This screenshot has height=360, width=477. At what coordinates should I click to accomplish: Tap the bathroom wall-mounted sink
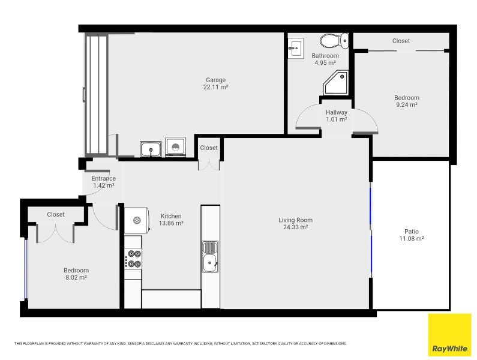click(296, 47)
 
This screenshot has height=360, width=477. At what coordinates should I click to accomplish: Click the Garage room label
click(215, 80)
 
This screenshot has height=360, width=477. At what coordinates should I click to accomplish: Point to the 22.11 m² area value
click(215, 88)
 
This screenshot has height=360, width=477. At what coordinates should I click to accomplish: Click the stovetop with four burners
click(133, 259)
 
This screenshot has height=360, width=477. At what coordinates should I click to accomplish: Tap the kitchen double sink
click(210, 256)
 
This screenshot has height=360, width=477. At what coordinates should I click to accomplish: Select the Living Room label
click(295, 220)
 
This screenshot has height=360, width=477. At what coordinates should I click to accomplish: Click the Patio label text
click(411, 232)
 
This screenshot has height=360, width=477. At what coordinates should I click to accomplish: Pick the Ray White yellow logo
click(449, 335)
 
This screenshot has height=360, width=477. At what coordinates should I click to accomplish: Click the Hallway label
click(337, 112)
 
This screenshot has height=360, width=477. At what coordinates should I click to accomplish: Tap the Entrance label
click(103, 178)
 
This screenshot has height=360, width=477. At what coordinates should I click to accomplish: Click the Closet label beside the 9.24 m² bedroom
click(401, 41)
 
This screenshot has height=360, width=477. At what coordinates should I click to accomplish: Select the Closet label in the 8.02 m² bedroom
click(56, 214)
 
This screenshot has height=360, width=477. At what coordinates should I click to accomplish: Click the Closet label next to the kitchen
click(209, 148)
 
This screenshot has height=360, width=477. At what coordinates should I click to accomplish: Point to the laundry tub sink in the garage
click(150, 148)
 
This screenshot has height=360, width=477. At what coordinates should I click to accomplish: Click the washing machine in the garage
click(175, 147)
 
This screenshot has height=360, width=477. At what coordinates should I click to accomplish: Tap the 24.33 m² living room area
click(295, 227)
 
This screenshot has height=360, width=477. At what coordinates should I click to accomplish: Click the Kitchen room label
click(171, 216)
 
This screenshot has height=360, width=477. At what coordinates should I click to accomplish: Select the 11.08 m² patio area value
click(411, 239)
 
